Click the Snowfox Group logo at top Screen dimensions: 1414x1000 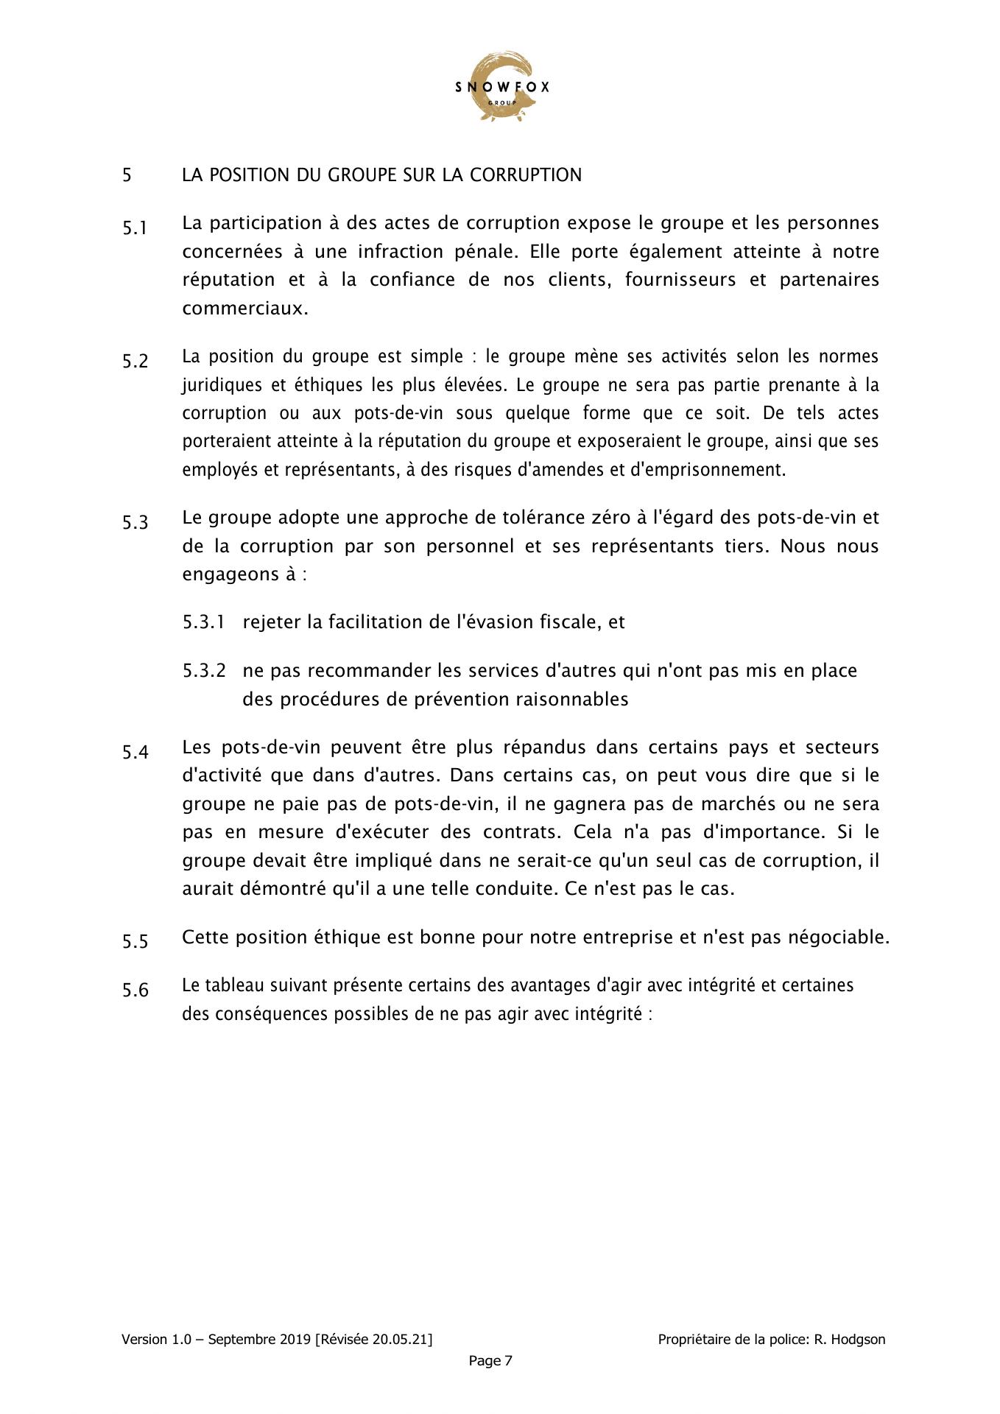pyautogui.click(x=501, y=87)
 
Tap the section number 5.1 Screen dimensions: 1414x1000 pyautogui.click(x=135, y=228)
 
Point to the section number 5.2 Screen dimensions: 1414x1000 pyautogui.click(x=135, y=362)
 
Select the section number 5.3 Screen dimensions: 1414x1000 pyautogui.click(x=135, y=523)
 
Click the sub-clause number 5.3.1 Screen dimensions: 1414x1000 pyautogui.click(x=203, y=622)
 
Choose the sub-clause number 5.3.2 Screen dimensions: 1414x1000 pyautogui.click(x=203, y=671)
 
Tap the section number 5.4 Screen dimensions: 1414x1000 pyautogui.click(x=135, y=753)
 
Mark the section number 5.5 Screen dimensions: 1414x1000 pyautogui.click(x=135, y=942)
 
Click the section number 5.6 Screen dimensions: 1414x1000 pyautogui.click(x=135, y=991)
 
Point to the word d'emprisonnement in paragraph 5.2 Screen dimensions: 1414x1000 pyautogui.click(x=707, y=470)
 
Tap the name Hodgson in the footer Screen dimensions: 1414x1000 pyautogui.click(x=859, y=1340)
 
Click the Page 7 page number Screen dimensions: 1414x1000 pyautogui.click(x=490, y=1361)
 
